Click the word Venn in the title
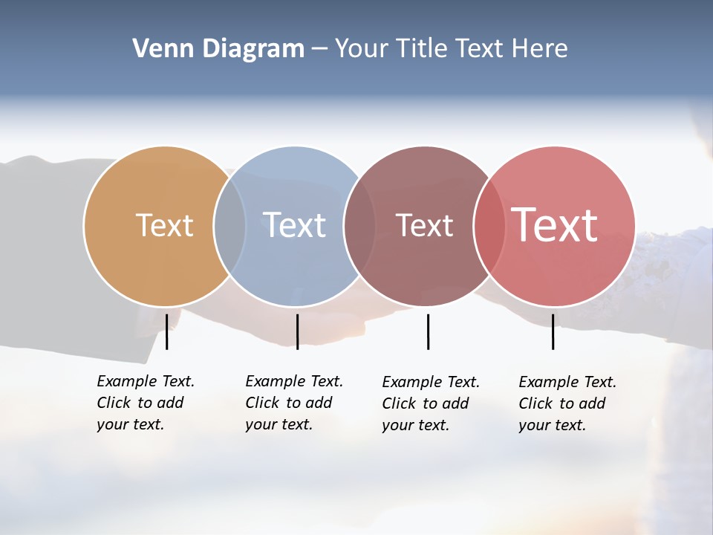[x=157, y=49]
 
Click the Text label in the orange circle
[x=164, y=225]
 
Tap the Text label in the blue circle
[x=295, y=225]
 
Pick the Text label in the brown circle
[x=424, y=226]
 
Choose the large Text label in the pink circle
[x=555, y=224]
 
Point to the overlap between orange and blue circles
[x=229, y=226]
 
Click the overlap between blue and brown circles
[x=359, y=226]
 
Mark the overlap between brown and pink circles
[x=489, y=226]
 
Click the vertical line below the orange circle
[x=167, y=331]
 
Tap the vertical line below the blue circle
[x=297, y=331]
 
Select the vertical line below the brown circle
[x=428, y=331]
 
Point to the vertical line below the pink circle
[x=553, y=331]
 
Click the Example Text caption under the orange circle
[x=146, y=403]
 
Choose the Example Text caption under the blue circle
[x=294, y=403]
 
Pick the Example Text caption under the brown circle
[x=431, y=403]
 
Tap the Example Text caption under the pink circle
[x=567, y=403]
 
